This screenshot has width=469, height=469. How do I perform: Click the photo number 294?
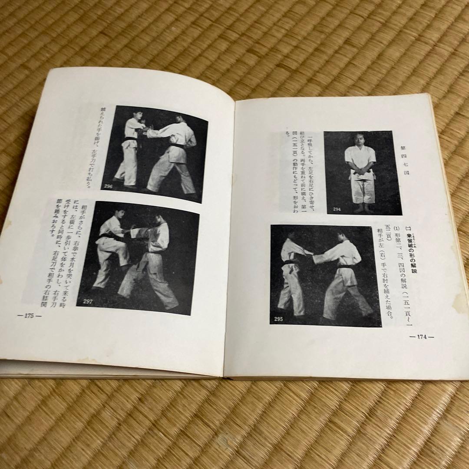337,209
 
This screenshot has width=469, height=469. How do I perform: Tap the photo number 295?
278,320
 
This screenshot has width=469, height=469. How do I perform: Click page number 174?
422,336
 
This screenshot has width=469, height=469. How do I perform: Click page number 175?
30,316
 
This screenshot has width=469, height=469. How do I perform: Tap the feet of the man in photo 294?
363,208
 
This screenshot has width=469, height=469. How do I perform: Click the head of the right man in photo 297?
157,217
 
